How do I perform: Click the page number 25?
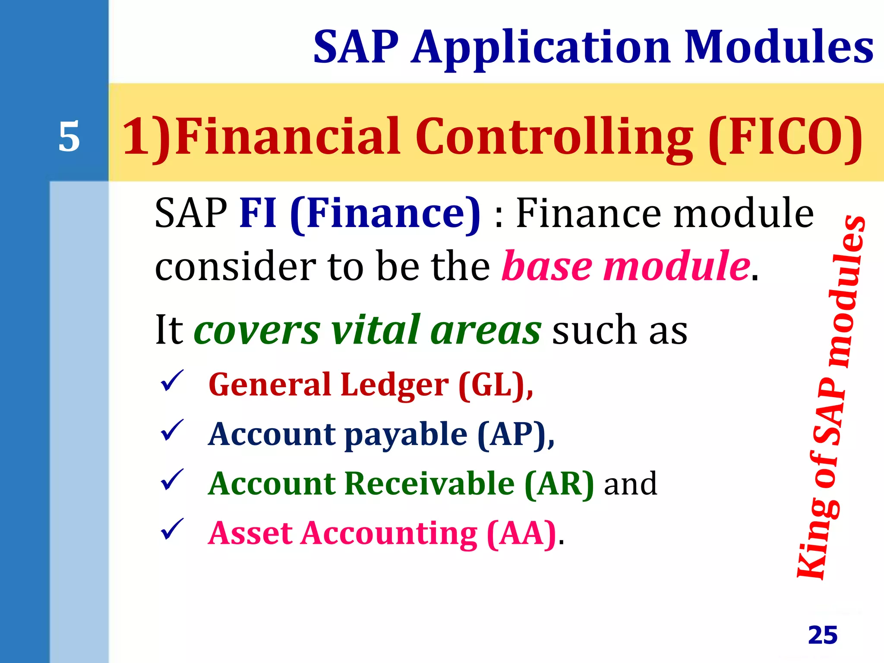[x=823, y=635]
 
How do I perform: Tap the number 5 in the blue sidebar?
[x=69, y=137]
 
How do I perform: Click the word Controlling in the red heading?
[x=554, y=137]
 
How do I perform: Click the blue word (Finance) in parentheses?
[x=385, y=214]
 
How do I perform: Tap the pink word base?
[x=547, y=266]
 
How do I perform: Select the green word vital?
[x=376, y=330]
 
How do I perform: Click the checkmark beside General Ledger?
[x=172, y=381]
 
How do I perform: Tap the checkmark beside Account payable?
[x=172, y=430]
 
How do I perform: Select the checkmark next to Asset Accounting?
[x=172, y=530]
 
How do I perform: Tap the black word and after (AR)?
[x=630, y=484]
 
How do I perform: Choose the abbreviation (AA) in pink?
[x=521, y=534]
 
